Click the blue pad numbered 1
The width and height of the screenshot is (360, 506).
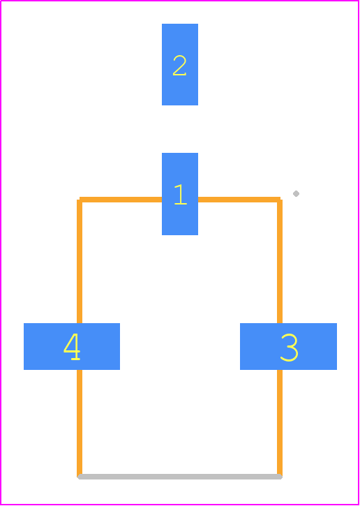pos(180,194)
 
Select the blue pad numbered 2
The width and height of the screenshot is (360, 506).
pos(180,64)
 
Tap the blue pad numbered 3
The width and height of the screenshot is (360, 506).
pos(288,346)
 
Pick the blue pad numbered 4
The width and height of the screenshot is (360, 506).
pos(72,346)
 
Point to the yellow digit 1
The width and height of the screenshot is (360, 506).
pos(180,195)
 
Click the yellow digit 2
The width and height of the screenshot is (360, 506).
pos(180,66)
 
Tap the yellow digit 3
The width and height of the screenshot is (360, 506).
pos(289,348)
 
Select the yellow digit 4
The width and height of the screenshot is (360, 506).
pos(72,346)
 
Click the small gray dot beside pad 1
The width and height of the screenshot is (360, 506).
pos(296,193)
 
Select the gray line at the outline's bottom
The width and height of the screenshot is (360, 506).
pos(180,477)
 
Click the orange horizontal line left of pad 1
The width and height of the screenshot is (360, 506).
pos(121,200)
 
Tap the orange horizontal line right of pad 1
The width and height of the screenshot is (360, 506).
pos(239,200)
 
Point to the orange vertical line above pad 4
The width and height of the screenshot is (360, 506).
pos(80,262)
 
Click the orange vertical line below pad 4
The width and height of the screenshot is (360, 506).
pos(80,424)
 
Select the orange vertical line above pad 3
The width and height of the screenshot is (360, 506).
pos(280,262)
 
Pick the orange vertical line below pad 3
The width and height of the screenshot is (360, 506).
pos(280,424)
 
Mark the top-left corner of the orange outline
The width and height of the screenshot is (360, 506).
pos(80,200)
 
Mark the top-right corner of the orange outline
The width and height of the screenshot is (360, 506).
pos(280,200)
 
